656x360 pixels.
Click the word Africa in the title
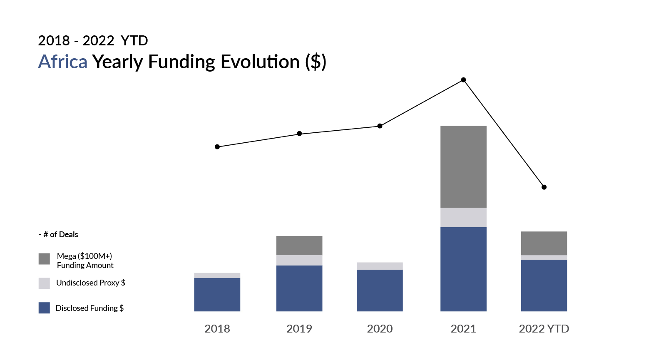[63, 62]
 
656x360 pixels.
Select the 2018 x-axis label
[217, 329]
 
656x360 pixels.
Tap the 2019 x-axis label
[299, 329]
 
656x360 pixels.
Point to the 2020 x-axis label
[380, 329]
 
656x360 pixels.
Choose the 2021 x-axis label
[463, 329]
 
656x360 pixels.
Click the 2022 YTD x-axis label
[544, 329]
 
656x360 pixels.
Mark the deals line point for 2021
[463, 79]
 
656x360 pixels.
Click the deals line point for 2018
[217, 147]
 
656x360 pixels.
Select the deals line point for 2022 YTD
[544, 187]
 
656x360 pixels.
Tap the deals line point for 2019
[299, 134]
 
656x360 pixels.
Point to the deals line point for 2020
[380, 126]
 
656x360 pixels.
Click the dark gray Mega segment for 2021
[463, 166]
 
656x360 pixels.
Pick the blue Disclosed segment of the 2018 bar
[217, 294]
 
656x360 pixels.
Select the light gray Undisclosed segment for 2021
[463, 217]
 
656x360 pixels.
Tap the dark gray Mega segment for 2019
[299, 246]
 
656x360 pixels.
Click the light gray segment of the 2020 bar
[380, 266]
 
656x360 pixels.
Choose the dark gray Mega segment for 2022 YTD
[544, 243]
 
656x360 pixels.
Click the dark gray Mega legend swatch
[44, 259]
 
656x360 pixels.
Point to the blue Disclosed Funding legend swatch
[44, 308]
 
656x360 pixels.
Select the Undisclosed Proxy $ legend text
[91, 283]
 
